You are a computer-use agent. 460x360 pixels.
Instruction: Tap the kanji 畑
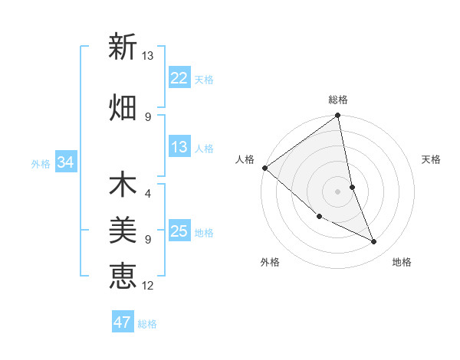coord(122,108)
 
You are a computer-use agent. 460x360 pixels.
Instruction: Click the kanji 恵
coord(122,276)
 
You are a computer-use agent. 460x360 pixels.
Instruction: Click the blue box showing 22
coord(179,78)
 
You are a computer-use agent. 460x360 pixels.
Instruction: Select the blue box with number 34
coord(65,162)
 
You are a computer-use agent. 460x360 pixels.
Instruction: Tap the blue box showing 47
coord(123,322)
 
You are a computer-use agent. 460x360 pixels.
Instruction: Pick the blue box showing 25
coord(179,231)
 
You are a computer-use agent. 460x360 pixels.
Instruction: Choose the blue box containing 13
coord(179,147)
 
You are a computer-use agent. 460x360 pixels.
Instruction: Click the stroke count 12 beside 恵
coord(148,286)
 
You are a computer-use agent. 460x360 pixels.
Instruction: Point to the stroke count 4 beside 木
coord(148,193)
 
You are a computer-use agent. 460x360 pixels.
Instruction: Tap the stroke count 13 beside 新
coord(148,56)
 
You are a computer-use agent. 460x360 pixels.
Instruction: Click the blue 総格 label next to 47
coord(147,324)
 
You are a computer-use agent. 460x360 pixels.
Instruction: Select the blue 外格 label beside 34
coord(41,163)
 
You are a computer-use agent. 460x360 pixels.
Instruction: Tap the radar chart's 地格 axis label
coord(402,262)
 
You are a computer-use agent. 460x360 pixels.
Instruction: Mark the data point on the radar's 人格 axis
coord(264,168)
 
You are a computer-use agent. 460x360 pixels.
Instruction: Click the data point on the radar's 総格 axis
coord(338,116)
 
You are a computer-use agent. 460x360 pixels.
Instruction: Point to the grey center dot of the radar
coord(338,191)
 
